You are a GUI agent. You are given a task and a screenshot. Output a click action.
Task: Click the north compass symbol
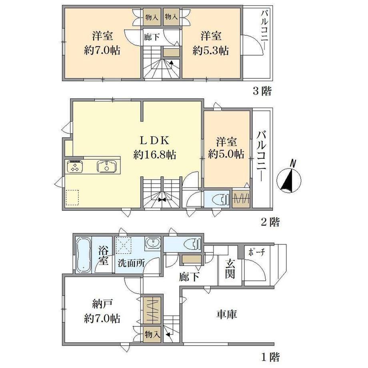pos(289,179)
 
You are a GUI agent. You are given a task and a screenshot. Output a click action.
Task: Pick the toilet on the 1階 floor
pos(192,244)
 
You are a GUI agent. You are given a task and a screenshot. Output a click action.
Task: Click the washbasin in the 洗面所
pos(153,243)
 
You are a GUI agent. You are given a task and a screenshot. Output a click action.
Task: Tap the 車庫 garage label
pos(226,314)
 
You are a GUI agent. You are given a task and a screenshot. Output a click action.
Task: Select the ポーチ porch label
pos(256,252)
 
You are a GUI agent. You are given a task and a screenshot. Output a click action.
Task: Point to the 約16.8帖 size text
pos(155,155)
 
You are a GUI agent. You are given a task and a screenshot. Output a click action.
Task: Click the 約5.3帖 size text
pos(211,50)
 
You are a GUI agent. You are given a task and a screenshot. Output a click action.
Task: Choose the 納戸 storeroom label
pos(102,305)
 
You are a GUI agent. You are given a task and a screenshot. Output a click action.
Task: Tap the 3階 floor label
pos(262,91)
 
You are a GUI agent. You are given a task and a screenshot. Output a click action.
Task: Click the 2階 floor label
pos(270,222)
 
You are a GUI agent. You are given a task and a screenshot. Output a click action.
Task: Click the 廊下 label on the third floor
pos(152,37)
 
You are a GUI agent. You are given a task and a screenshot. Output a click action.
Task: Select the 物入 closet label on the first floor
pos(152,334)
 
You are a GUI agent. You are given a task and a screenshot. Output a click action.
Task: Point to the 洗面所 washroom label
pos(131,263)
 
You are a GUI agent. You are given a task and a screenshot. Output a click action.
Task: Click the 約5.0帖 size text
pos(226,154)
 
